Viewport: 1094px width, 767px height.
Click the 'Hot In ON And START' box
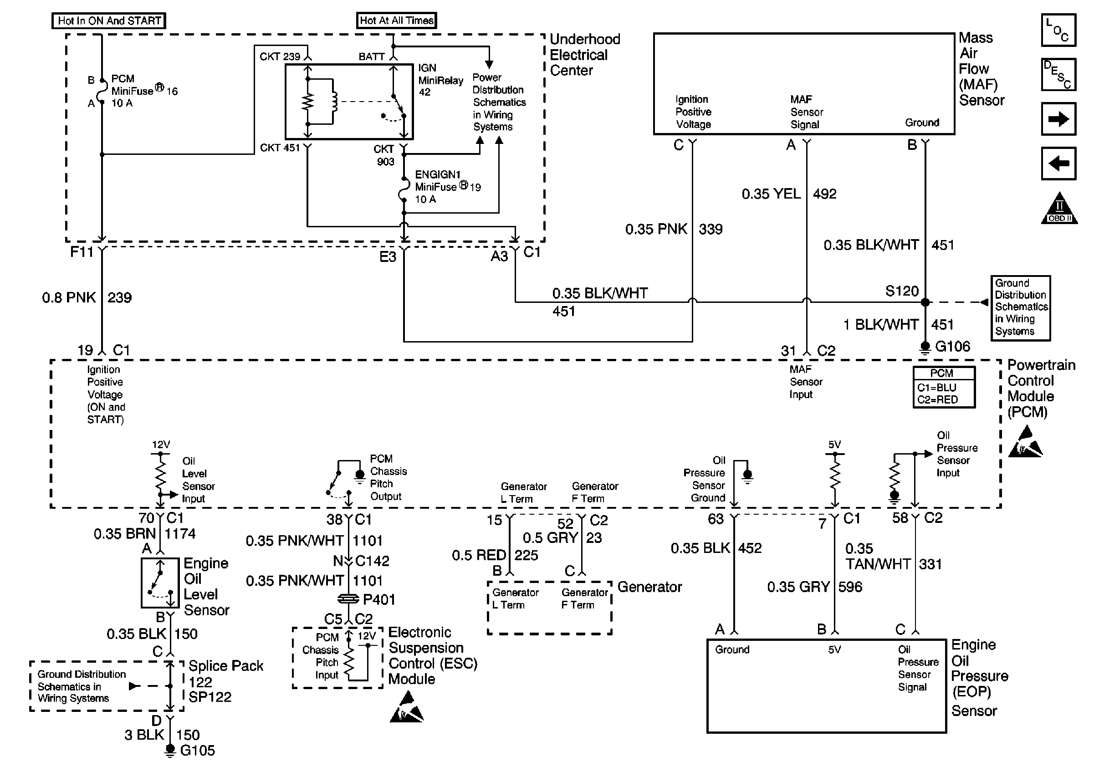pyautogui.click(x=109, y=21)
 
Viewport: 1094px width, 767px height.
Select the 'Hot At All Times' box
pyautogui.click(x=396, y=20)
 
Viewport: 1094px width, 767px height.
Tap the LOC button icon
pyautogui.click(x=1058, y=30)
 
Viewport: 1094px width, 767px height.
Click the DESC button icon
pyautogui.click(x=1058, y=74)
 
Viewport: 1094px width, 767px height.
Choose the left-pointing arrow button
pyautogui.click(x=1058, y=164)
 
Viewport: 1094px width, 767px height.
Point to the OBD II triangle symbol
pyautogui.click(x=1059, y=210)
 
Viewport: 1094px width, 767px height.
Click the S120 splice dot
pyautogui.click(x=925, y=302)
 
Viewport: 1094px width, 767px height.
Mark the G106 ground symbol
pyautogui.click(x=925, y=348)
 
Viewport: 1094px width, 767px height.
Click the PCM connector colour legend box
pyautogui.click(x=943, y=387)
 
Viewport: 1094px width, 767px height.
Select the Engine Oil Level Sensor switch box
pyautogui.click(x=160, y=583)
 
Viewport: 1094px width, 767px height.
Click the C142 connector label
pyautogui.click(x=372, y=561)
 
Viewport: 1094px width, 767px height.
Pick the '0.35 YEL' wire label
pyautogui.click(x=771, y=194)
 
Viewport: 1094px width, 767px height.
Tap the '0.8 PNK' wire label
pyautogui.click(x=69, y=298)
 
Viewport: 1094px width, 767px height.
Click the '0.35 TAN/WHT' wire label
pyautogui.click(x=878, y=557)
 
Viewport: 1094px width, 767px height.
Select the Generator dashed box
pyautogui.click(x=549, y=608)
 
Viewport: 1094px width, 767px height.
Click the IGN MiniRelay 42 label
pyautogui.click(x=440, y=80)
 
